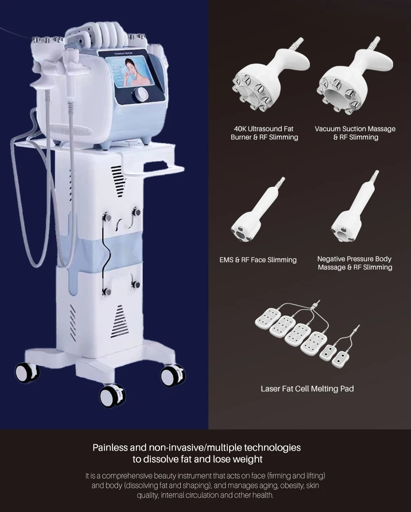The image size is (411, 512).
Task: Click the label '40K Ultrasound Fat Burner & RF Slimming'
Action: pos(264,133)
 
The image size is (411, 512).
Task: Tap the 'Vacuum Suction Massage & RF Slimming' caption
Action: pos(355,133)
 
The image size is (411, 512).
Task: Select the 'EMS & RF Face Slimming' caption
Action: pos(258,260)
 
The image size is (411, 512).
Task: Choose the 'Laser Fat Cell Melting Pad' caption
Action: pos(307,388)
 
